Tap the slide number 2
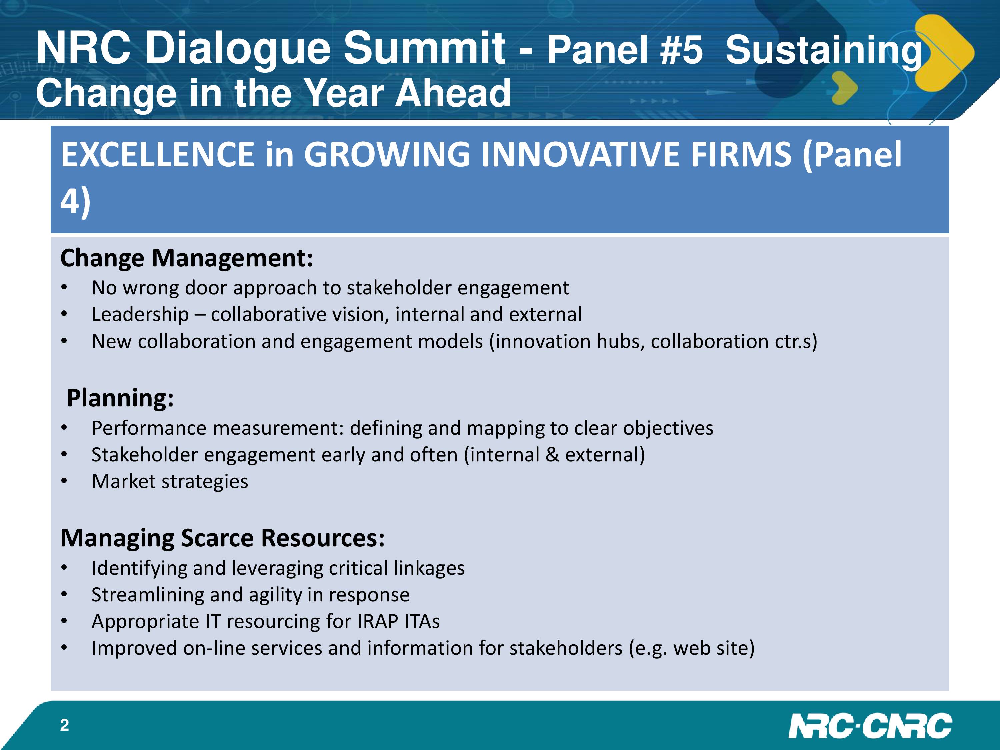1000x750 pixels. coord(65,725)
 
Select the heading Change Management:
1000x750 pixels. coord(187,258)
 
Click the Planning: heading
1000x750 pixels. coord(120,398)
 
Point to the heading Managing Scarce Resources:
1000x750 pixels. coord(222,538)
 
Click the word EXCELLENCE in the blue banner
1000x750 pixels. coord(157,154)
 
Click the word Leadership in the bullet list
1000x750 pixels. coord(140,315)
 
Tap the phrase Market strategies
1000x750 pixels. coord(170,481)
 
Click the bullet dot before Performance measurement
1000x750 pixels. coord(64,428)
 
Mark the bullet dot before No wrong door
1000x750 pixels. coord(64,288)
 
